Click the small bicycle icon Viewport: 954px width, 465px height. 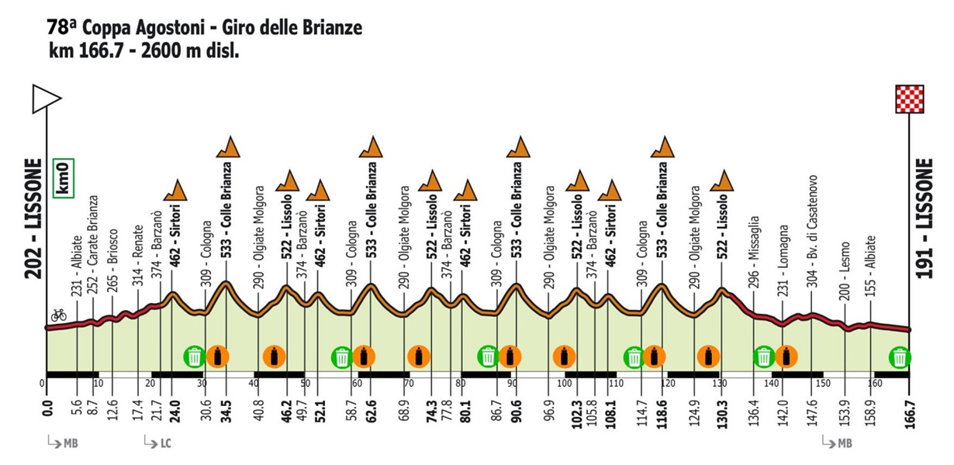tap(57, 315)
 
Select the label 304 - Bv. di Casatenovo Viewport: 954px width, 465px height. tap(813, 230)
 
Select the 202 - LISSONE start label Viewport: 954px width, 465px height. tap(33, 224)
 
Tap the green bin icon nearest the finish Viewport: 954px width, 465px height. tap(900, 356)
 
